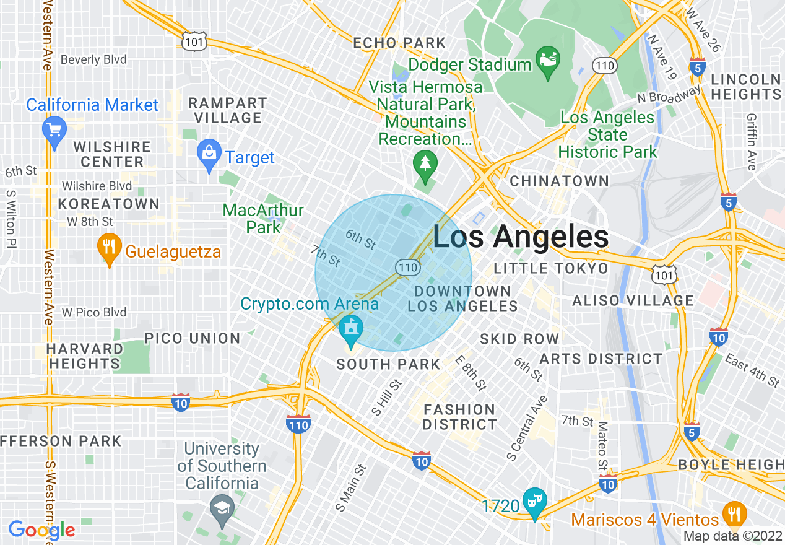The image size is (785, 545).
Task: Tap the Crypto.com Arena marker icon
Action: coord(352,332)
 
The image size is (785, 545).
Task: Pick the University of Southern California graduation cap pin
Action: coord(221,507)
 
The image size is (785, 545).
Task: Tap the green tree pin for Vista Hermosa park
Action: coord(425,165)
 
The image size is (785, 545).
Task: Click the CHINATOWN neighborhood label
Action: coord(559,181)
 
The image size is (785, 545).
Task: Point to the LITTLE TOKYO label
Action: coord(551,268)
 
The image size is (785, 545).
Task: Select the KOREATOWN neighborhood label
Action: coord(109,204)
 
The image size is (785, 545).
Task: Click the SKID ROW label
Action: coord(519,339)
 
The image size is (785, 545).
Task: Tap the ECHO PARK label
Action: coord(399,43)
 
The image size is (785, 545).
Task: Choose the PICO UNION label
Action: coord(192,338)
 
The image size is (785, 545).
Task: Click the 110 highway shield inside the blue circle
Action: coord(409,268)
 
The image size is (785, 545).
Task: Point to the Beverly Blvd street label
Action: coord(93,59)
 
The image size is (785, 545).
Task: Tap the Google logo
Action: coord(41,530)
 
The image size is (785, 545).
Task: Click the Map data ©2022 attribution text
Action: coord(732,536)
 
